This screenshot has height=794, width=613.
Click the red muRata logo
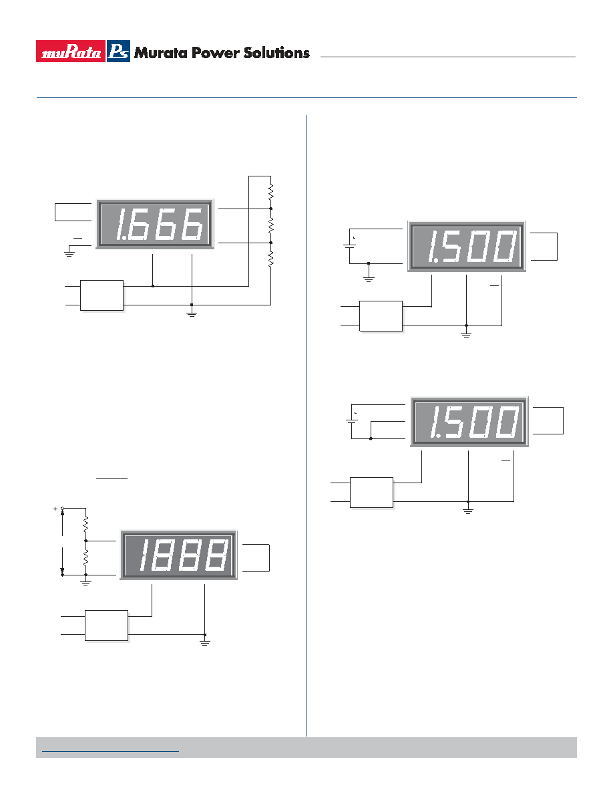[71, 51]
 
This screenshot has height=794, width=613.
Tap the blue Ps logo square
[118, 51]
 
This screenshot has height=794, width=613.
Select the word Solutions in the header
[276, 53]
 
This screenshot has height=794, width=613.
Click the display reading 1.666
[156, 224]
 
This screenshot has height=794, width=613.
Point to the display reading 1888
[178, 555]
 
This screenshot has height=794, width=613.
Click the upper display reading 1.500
[467, 246]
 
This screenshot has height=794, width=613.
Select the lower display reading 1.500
[469, 422]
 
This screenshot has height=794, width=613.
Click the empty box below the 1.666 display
[101, 295]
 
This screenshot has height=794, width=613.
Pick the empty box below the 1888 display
[106, 626]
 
